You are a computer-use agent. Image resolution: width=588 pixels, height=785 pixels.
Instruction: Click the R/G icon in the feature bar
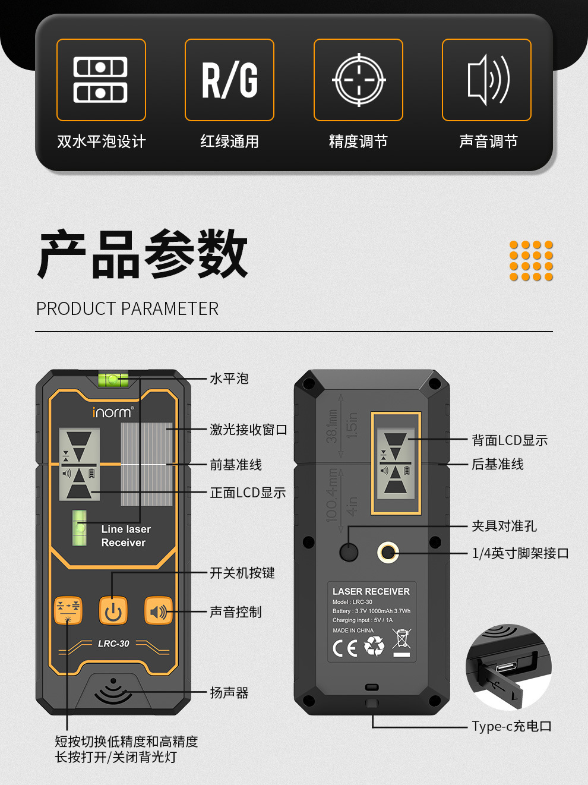point(229,80)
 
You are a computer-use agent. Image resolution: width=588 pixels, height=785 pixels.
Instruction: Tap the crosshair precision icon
point(359,80)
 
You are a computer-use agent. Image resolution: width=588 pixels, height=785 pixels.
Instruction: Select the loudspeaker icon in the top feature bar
point(488,80)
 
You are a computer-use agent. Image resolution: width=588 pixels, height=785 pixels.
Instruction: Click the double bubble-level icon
point(100,80)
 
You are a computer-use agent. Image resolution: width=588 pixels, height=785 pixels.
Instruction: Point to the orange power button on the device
point(113,610)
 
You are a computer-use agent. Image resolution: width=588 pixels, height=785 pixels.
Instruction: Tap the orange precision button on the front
point(68,610)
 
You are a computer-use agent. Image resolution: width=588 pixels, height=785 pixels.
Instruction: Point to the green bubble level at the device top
point(113,380)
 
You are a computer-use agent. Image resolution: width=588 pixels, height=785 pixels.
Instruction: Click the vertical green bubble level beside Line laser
point(80,528)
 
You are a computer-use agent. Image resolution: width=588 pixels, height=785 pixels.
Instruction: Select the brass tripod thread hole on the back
point(388,552)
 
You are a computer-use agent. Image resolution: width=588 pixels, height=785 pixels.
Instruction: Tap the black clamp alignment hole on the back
point(349,552)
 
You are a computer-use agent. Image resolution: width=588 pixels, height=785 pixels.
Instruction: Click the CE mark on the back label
point(345,648)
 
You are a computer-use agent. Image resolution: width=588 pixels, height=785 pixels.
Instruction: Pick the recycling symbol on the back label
point(374,646)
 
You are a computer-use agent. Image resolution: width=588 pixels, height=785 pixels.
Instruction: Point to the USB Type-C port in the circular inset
point(506,667)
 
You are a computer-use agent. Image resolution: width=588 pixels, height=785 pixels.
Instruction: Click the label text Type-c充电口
point(511,726)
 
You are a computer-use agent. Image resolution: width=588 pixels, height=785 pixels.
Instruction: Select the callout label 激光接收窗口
point(248,430)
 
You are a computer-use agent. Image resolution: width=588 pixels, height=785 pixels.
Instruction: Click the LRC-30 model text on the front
point(113,644)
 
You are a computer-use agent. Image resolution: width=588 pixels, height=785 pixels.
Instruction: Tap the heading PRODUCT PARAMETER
point(127,308)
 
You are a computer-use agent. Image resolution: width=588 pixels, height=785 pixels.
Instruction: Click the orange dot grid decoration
point(531,261)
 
